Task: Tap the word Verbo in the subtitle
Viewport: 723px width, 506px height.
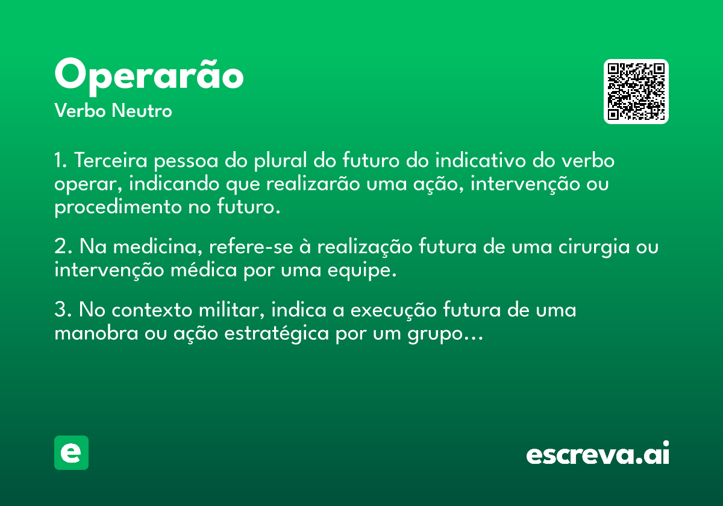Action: click(x=80, y=111)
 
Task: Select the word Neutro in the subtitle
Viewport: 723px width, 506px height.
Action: click(x=142, y=111)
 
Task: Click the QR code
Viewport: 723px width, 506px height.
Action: click(x=636, y=92)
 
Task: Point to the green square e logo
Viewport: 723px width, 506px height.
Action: click(x=71, y=452)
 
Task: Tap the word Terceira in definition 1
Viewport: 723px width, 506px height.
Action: click(x=111, y=160)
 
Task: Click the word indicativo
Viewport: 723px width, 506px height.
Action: click(x=481, y=160)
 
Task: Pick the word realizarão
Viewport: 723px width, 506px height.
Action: click(x=313, y=183)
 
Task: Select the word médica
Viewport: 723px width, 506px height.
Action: click(x=204, y=270)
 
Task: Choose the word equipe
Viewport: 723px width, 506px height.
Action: click(x=362, y=270)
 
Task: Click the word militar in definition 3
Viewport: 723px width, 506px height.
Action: click(x=231, y=310)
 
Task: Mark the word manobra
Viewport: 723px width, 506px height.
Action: click(x=96, y=333)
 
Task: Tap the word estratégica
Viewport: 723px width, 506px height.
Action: click(x=277, y=334)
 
